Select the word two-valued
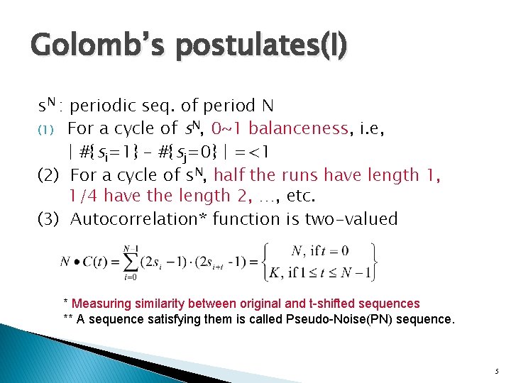click(351, 219)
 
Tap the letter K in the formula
click(272, 272)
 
